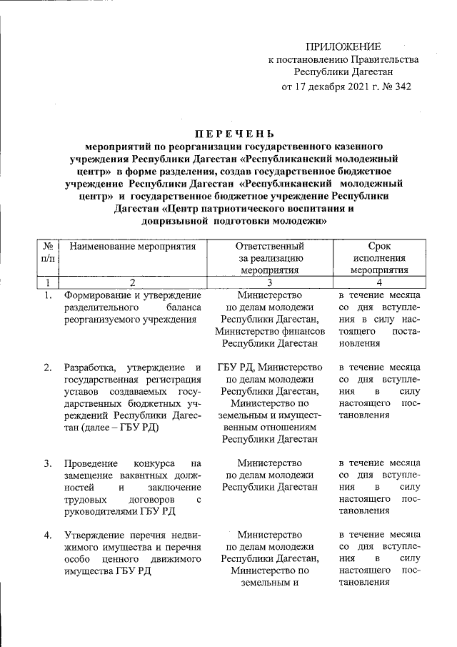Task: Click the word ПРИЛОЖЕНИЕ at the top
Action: pos(343,46)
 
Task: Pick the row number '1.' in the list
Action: pos(47,295)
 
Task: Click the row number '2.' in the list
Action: pos(47,367)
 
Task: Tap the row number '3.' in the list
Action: pos(47,463)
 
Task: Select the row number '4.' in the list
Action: pos(47,535)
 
